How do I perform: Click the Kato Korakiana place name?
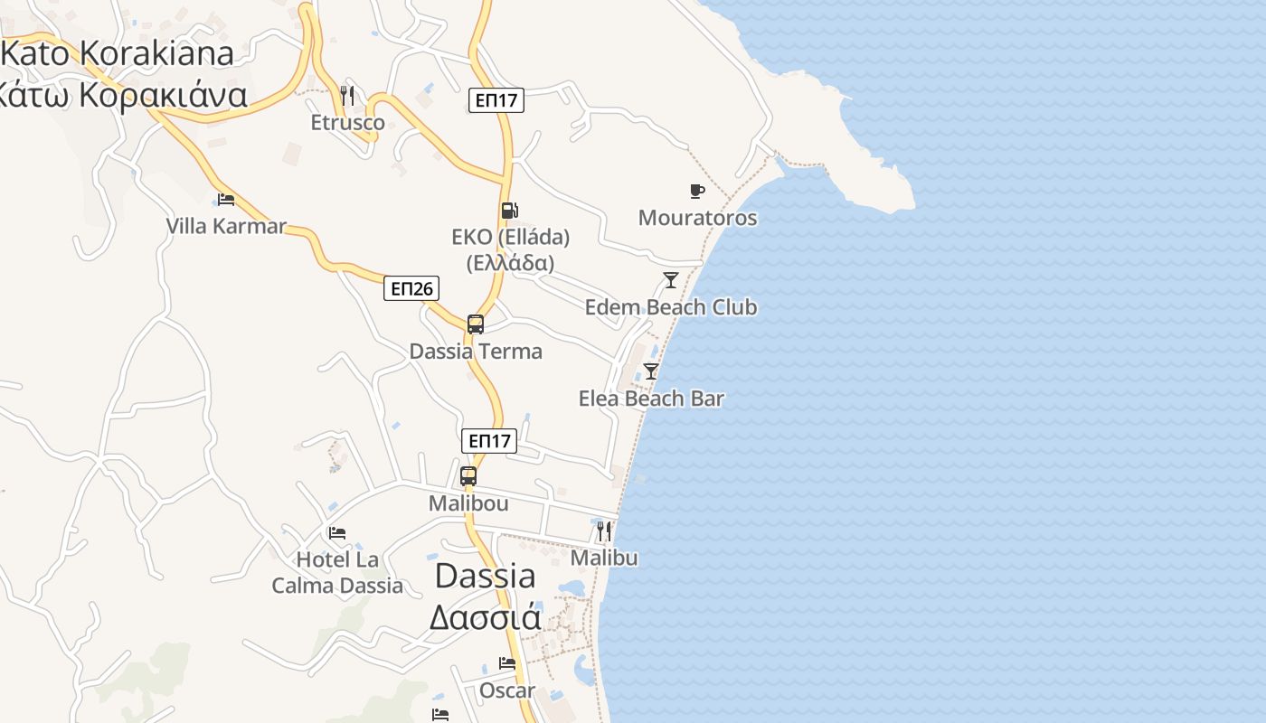click(118, 53)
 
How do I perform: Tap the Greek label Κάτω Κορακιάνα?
click(122, 94)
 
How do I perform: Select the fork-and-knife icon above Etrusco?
click(347, 94)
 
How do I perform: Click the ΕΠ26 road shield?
click(411, 288)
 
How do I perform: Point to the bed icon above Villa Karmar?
click(226, 199)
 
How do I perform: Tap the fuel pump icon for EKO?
click(510, 211)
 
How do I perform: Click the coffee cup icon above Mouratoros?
click(696, 191)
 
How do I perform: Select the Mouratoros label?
click(697, 218)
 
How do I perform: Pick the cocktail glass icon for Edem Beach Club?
click(670, 280)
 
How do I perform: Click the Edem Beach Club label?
click(670, 307)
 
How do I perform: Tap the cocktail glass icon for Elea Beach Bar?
click(651, 371)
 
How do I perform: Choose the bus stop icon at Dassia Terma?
click(476, 324)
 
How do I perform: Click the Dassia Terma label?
click(476, 352)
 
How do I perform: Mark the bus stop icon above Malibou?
click(468, 475)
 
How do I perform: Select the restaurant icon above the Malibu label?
click(604, 531)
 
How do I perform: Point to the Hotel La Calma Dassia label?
click(337, 573)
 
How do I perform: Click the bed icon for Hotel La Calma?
click(337, 533)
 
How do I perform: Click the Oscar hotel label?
click(507, 691)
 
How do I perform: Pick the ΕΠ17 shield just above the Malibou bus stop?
click(489, 441)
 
